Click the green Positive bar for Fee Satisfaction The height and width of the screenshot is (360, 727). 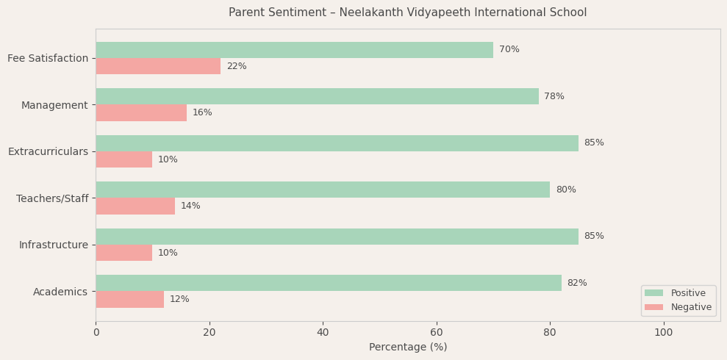coord(294,50)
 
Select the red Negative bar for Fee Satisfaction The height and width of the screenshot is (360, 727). coord(158,66)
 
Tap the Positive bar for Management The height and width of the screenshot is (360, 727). coord(317,96)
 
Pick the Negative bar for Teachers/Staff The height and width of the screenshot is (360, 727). coord(135,206)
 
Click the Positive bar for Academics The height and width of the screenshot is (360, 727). coord(329,283)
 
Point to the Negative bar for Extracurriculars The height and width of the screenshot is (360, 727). coord(124,159)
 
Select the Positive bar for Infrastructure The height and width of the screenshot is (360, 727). coord(337,237)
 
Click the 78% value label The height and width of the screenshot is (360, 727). coord(554,96)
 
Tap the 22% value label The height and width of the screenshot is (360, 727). coord(237,66)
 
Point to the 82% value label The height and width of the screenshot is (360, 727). coord(577,283)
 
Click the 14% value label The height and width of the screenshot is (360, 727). coord(190,206)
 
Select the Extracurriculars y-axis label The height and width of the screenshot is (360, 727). coord(48,151)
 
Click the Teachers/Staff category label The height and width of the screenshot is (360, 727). coord(52,198)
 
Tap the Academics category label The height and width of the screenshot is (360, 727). coord(60,292)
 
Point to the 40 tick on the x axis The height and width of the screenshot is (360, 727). coord(323,332)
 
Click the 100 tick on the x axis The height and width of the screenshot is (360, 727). coord(663,332)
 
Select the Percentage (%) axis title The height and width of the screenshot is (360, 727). coord(408,347)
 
